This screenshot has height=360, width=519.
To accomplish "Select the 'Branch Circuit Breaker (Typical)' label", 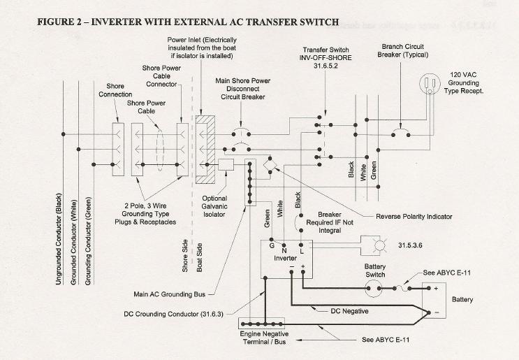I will (403, 50).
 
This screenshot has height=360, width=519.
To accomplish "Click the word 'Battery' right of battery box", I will (462, 299).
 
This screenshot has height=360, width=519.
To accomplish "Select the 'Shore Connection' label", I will (115, 90).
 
